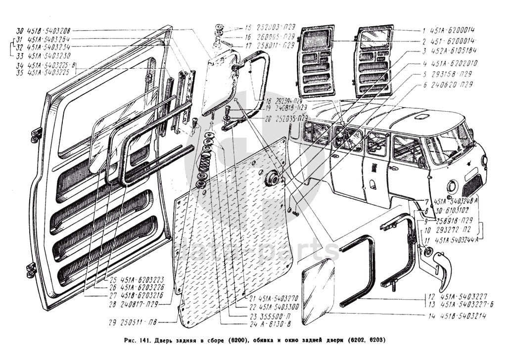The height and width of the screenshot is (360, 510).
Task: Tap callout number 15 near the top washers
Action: click(x=248, y=27)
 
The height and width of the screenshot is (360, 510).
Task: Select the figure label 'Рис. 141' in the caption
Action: click(x=136, y=341)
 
